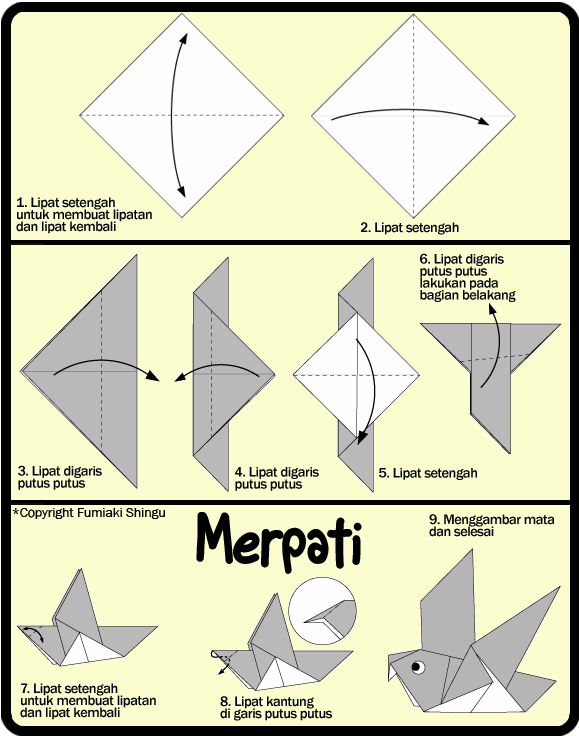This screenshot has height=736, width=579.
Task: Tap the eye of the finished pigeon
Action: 417,667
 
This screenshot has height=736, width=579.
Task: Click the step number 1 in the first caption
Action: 21,202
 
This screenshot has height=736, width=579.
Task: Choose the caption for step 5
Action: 428,473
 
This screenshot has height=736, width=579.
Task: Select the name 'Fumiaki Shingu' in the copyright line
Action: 125,513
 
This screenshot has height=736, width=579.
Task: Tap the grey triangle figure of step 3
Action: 90,370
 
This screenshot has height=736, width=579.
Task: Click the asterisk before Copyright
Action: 16,512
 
